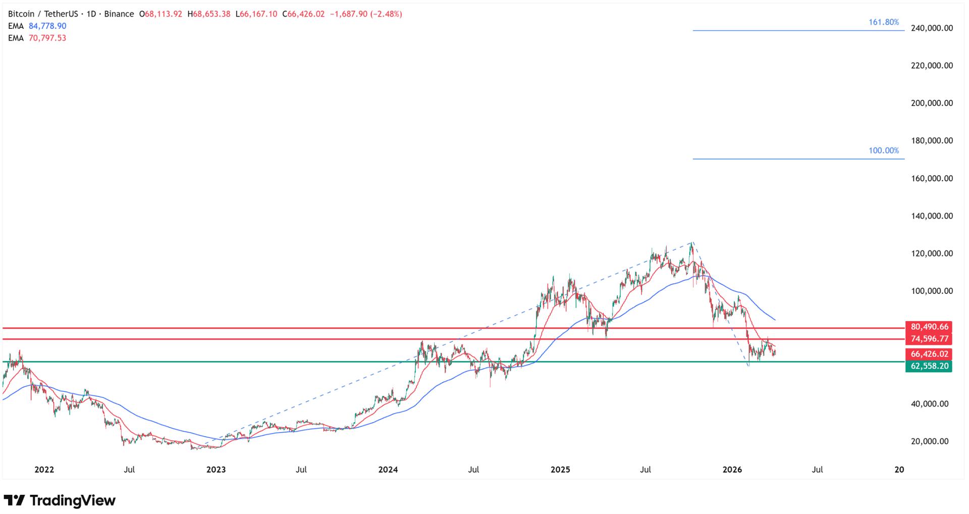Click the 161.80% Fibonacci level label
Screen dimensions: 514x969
coord(883,22)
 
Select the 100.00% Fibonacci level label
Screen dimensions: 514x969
coord(883,150)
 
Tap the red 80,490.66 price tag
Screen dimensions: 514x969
coord(929,327)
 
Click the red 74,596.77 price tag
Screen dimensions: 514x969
coord(929,339)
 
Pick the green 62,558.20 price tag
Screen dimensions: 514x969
coord(929,366)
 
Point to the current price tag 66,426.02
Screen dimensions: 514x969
coord(929,354)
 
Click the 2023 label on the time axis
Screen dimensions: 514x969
coord(216,470)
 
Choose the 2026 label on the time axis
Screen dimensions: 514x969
coord(732,470)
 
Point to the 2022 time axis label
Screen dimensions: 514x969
coord(44,470)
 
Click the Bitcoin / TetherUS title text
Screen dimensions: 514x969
coord(43,14)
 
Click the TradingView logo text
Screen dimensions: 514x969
coord(72,500)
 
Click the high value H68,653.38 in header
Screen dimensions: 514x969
coord(208,14)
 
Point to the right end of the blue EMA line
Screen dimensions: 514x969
coord(775,320)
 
